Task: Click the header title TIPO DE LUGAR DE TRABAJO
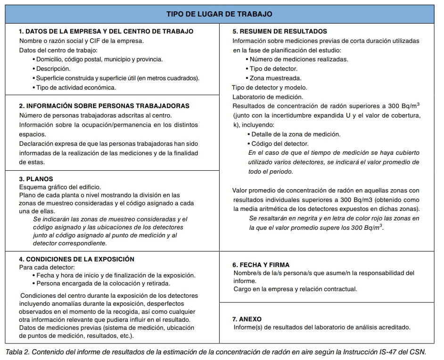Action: point(219,14)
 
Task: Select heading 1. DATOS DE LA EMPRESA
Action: point(106,31)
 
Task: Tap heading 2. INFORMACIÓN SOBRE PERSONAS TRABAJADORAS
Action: point(104,106)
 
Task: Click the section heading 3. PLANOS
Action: point(36,179)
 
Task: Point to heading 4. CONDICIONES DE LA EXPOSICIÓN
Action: point(77,259)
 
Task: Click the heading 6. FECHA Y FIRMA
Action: point(261,265)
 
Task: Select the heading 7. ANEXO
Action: point(247,319)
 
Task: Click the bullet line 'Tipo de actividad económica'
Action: point(76,87)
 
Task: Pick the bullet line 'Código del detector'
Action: point(280,143)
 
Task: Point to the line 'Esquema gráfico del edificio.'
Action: point(60,187)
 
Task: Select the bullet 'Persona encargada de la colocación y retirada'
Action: point(103,284)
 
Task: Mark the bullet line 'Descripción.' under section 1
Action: point(53,68)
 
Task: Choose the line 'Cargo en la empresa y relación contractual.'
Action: point(296,289)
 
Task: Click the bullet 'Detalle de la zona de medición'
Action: point(296,134)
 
